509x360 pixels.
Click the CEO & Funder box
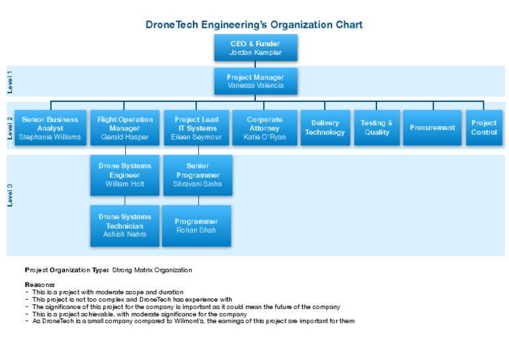pyautogui.click(x=255, y=48)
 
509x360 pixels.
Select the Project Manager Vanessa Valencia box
pyautogui.click(x=255, y=81)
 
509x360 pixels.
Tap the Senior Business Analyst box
pyautogui.click(x=50, y=128)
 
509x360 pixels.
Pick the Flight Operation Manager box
pyautogui.click(x=125, y=128)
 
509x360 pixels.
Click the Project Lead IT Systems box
pyautogui.click(x=197, y=128)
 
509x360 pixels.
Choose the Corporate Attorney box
pyautogui.click(x=264, y=128)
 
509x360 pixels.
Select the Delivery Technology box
pyautogui.click(x=325, y=128)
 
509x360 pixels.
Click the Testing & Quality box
pyautogui.click(x=376, y=128)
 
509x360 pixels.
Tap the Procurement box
pyautogui.click(x=432, y=128)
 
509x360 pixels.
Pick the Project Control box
pyautogui.click(x=484, y=128)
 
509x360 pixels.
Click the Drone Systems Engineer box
pyautogui.click(x=125, y=175)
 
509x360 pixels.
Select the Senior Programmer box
pyautogui.click(x=198, y=175)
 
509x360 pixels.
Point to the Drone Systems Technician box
pyautogui.click(x=125, y=225)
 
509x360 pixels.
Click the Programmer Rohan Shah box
pyautogui.click(x=197, y=225)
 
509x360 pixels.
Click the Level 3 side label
pyautogui.click(x=10, y=196)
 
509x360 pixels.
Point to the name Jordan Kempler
pyautogui.click(x=255, y=52)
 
